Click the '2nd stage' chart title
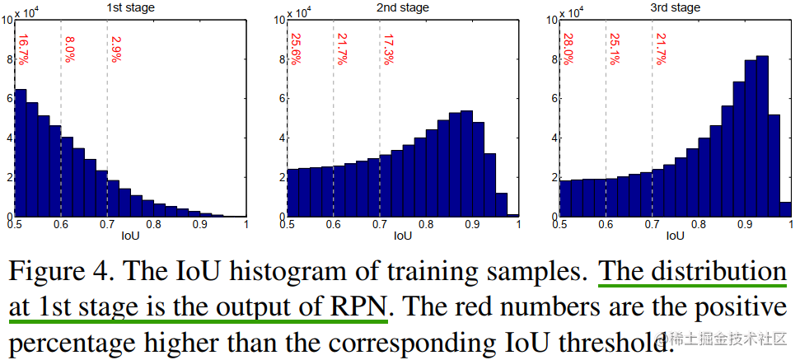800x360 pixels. point(404,7)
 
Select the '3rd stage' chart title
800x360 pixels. point(676,7)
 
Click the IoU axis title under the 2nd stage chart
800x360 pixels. point(403,236)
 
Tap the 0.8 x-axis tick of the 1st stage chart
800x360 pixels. point(153,223)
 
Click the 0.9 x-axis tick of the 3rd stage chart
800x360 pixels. point(745,223)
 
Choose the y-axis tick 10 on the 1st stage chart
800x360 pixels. point(6,19)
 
